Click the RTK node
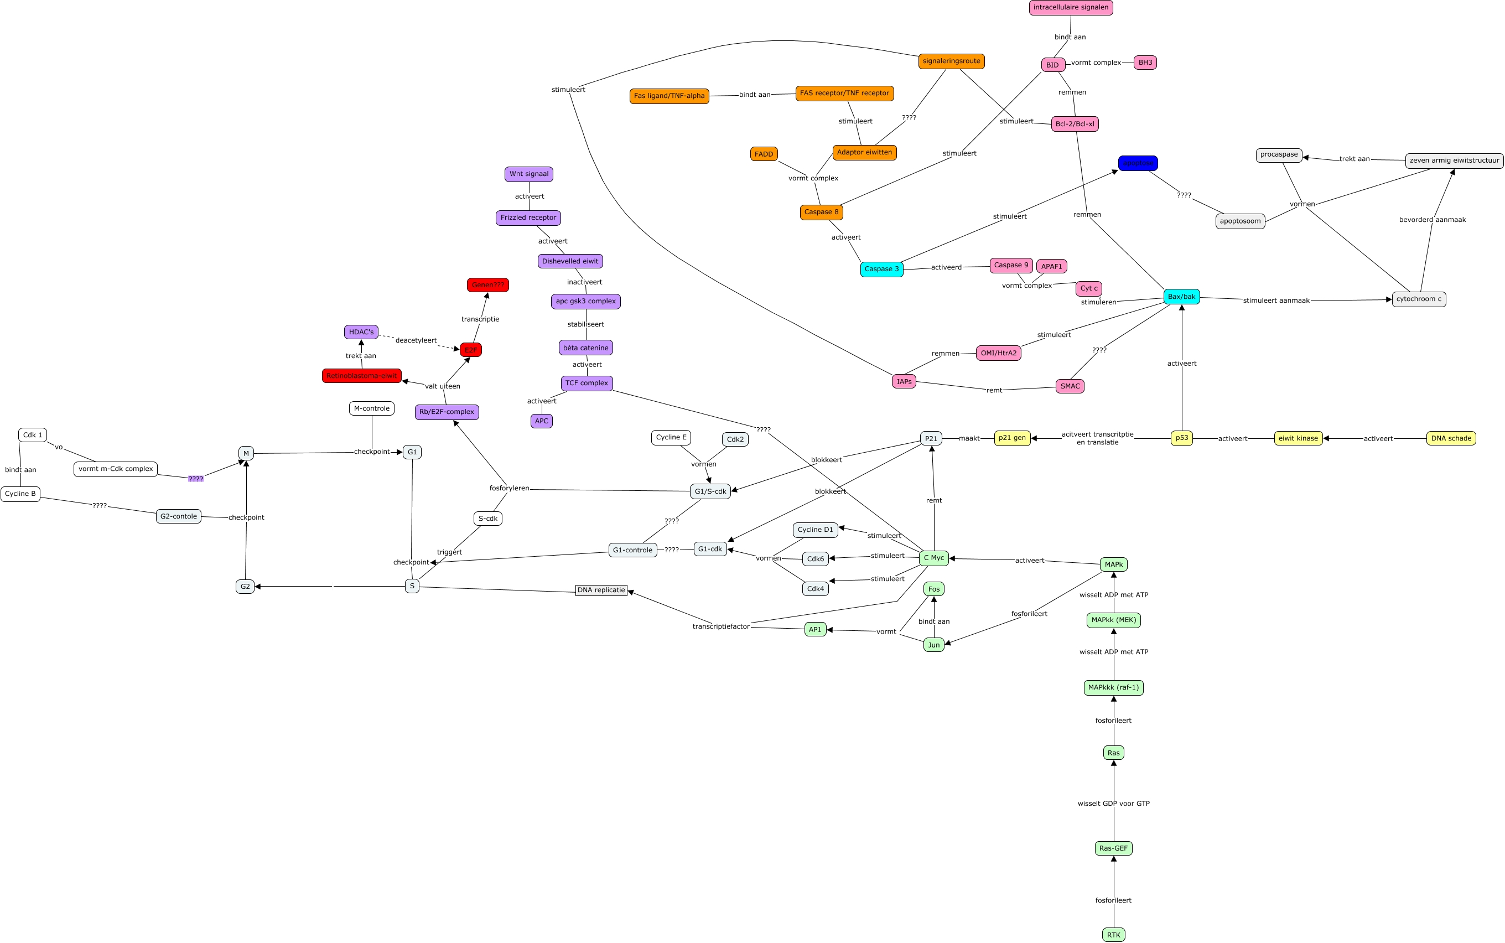[x=1113, y=934]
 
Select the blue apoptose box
[x=1138, y=163]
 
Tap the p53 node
[x=1181, y=438]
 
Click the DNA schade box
[x=1451, y=438]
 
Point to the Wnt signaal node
[x=528, y=174]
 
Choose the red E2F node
[x=471, y=350]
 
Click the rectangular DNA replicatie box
[x=601, y=590]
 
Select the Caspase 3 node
[x=881, y=269]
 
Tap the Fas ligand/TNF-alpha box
[x=669, y=96]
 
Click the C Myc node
[x=933, y=558]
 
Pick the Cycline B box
[x=20, y=494]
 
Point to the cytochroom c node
[x=1418, y=299]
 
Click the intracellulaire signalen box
[x=1071, y=8]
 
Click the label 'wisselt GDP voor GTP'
[x=1113, y=804]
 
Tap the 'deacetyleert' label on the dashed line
[x=416, y=340]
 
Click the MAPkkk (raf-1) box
[x=1113, y=688]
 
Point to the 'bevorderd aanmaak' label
[x=1432, y=220]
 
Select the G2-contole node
[x=178, y=516]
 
